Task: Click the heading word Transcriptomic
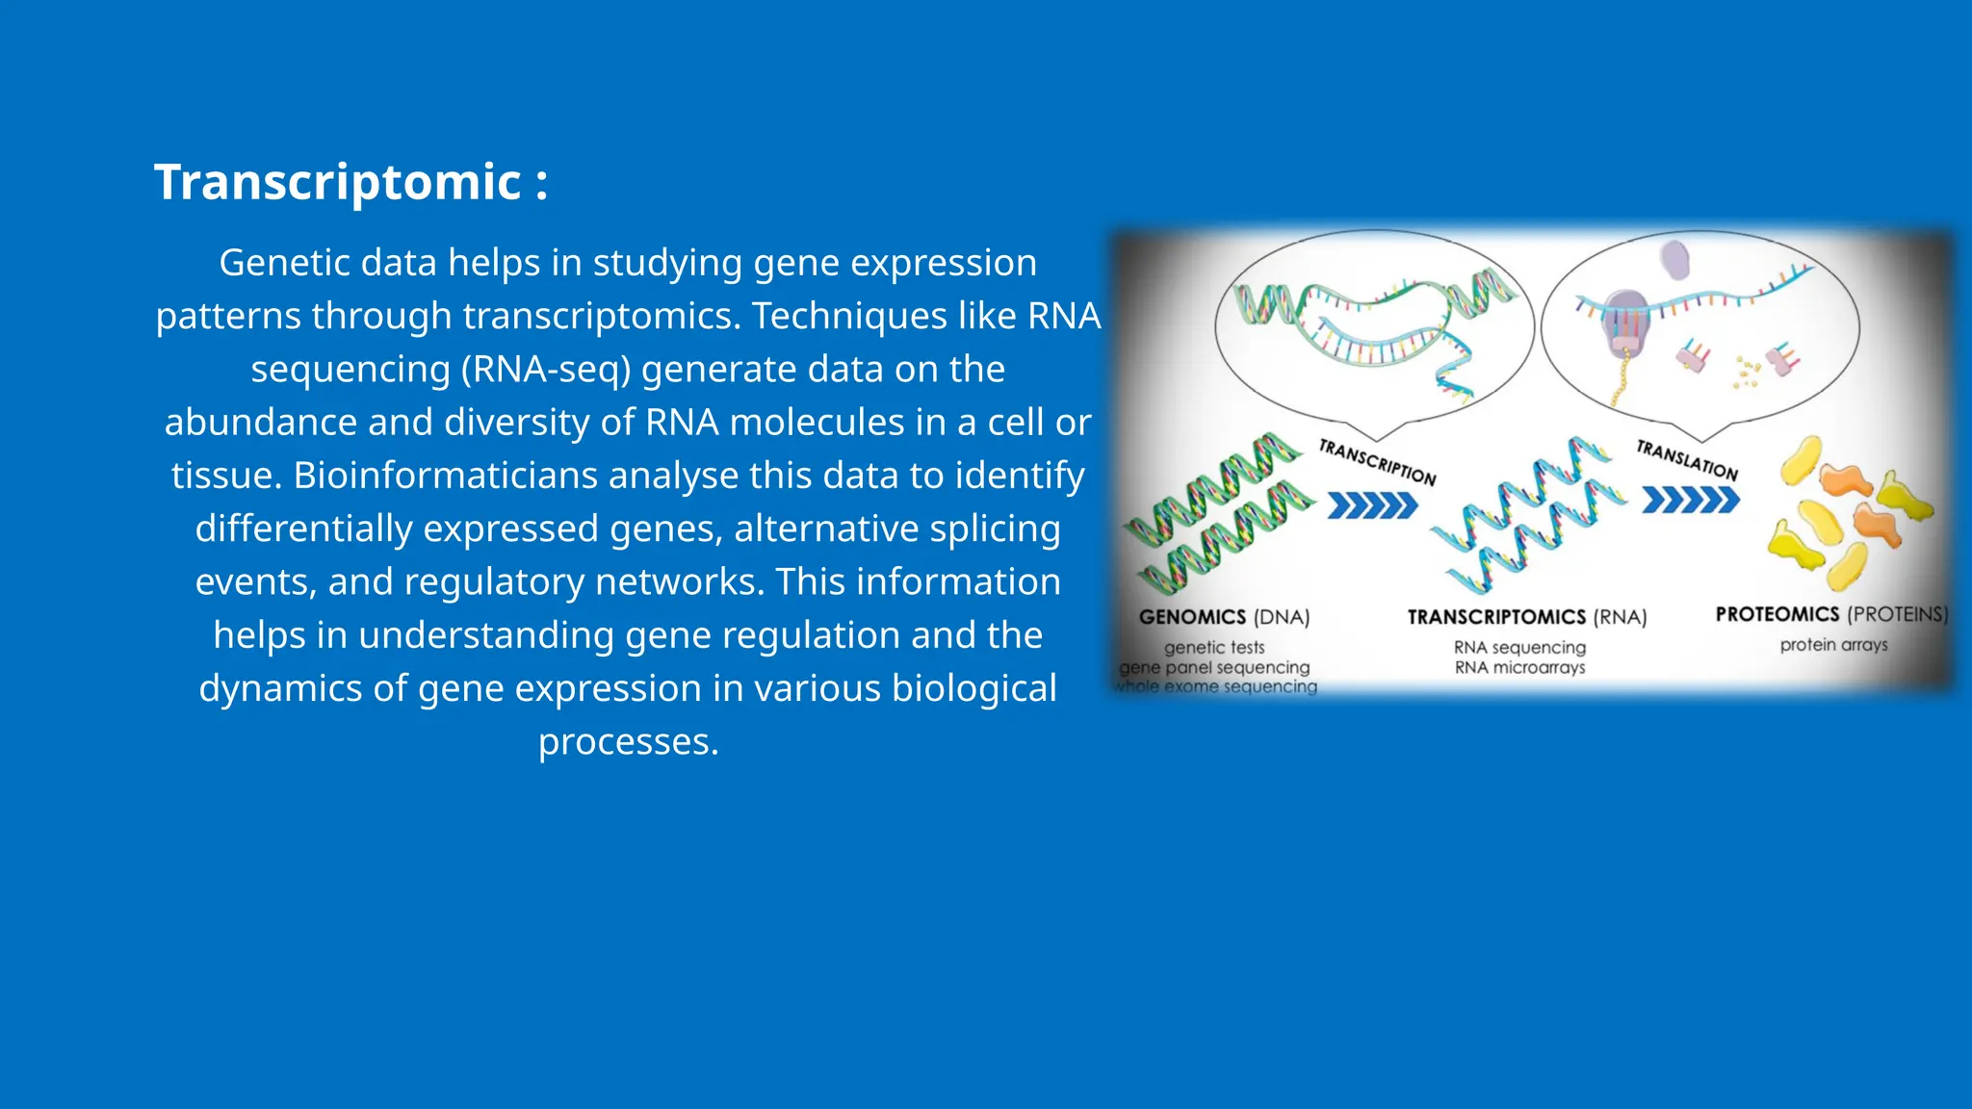coord(338,182)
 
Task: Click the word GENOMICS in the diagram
coord(1192,617)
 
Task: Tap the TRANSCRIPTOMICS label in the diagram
coord(1496,617)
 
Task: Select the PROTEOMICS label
coord(1777,614)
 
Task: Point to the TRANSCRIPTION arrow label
coord(1377,462)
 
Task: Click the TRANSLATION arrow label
coord(1687,460)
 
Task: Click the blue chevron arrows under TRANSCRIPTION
coord(1372,505)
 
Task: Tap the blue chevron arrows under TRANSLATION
coord(1690,501)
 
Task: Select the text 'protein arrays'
coord(1833,645)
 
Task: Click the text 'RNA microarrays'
coord(1519,667)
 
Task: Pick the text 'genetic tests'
coord(1214,648)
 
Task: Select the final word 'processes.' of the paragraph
coord(628,742)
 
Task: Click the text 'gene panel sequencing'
coord(1215,667)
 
